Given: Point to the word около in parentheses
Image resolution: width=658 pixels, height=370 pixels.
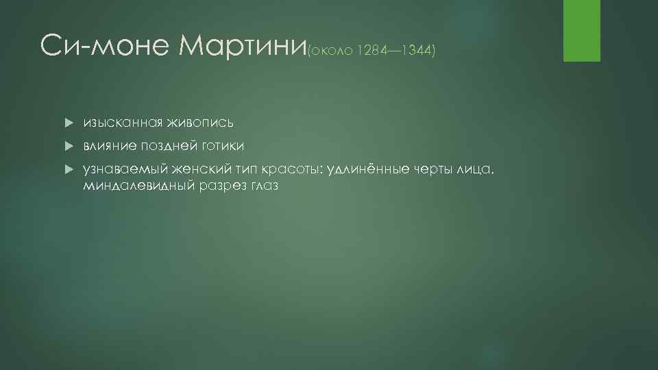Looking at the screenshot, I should pos(330,51).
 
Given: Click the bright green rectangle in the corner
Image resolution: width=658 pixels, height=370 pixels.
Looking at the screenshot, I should pos(581,31).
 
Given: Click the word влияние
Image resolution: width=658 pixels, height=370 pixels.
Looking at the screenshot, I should pos(110,146).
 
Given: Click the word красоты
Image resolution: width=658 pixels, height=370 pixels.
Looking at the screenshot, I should pos(287,169).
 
